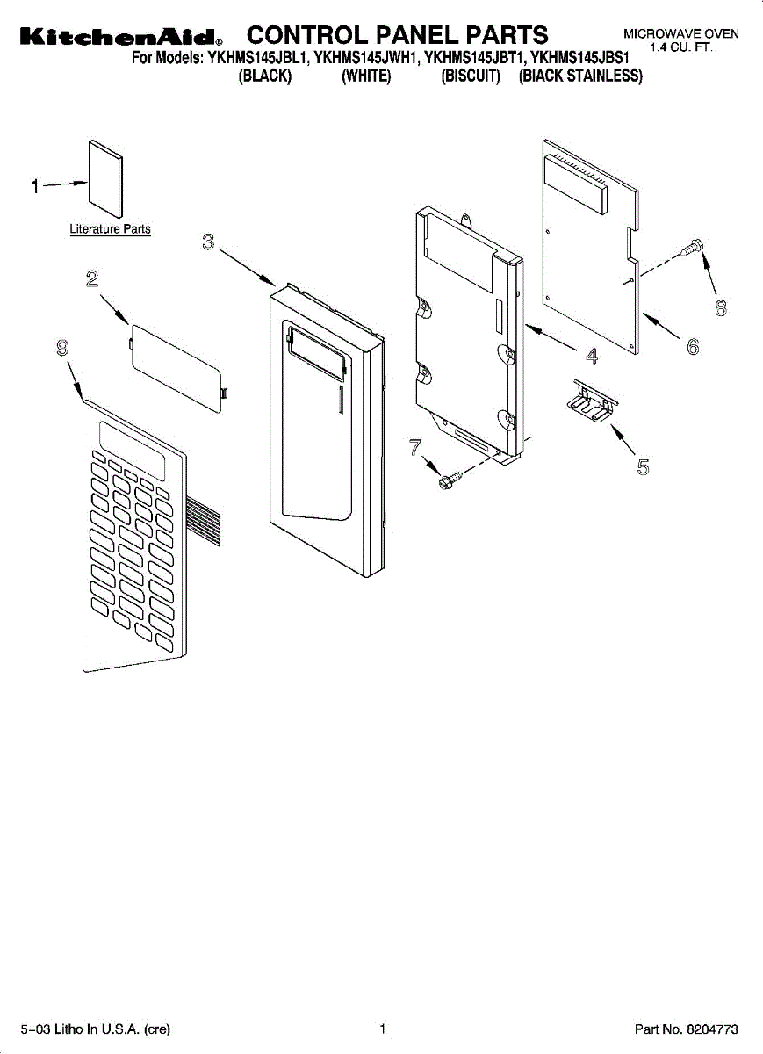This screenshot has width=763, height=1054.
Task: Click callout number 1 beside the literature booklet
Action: point(35,186)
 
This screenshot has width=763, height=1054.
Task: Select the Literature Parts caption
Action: point(110,229)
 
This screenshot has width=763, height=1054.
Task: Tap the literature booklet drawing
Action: point(104,177)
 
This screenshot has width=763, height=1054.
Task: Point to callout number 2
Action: point(91,280)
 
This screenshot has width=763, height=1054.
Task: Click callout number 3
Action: point(208,242)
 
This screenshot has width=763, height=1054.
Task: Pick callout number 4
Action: point(592,356)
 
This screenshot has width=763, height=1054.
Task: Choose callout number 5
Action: point(643,467)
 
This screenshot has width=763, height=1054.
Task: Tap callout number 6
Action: point(693,348)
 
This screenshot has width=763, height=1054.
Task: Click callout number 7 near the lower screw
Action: point(414,447)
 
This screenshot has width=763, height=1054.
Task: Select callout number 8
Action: point(721,309)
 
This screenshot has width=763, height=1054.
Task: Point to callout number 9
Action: point(62,349)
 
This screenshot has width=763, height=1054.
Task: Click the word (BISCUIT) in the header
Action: point(471,76)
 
